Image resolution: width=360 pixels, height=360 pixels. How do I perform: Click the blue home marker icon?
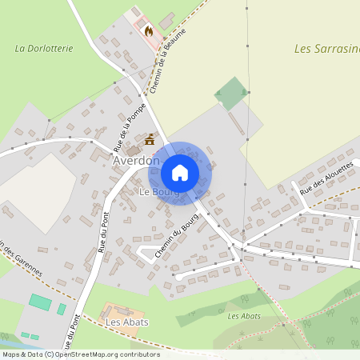(x=180, y=172)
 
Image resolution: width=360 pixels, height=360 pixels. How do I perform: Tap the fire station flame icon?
(x=148, y=30)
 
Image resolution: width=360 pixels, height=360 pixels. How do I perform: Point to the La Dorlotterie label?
(x=44, y=48)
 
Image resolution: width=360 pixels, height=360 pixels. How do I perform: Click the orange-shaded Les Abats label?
(x=126, y=322)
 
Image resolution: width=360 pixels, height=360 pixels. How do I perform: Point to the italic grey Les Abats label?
(x=244, y=316)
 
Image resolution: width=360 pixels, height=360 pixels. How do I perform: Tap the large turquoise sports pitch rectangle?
(x=40, y=302)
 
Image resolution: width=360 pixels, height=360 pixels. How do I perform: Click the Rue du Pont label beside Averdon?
(x=102, y=233)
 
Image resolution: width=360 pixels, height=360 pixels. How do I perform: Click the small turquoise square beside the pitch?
(x=62, y=309)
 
